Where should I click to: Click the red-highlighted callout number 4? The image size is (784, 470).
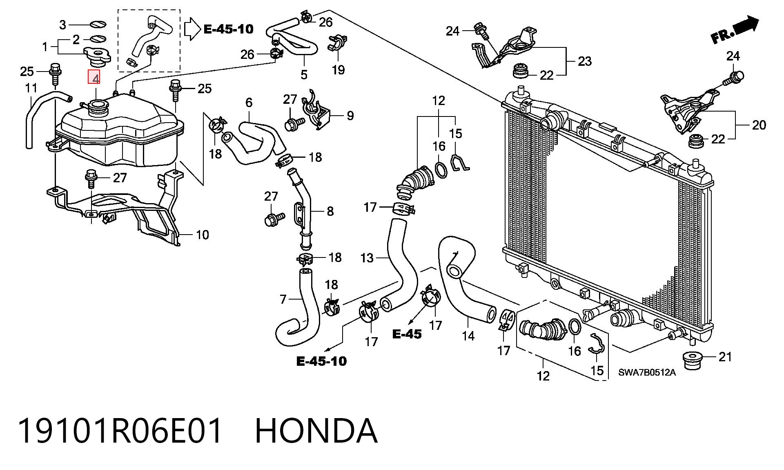pyautogui.click(x=94, y=77)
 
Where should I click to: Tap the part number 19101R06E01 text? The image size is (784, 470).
pyautogui.click(x=121, y=431)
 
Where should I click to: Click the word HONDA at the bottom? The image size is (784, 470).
pyautogui.click(x=316, y=431)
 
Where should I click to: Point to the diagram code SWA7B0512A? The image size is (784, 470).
pyautogui.click(x=647, y=372)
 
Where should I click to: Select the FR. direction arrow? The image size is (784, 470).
pyautogui.click(x=735, y=30)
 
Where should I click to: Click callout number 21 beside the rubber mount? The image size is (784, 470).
pyautogui.click(x=725, y=357)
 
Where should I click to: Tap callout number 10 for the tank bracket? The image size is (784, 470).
pyautogui.click(x=203, y=235)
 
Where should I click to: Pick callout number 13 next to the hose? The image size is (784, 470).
pyautogui.click(x=367, y=258)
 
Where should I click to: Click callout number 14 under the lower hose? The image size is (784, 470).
pyautogui.click(x=468, y=336)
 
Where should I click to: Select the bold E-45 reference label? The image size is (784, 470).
pyautogui.click(x=407, y=334)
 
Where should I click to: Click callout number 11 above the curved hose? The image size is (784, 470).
pyautogui.click(x=31, y=88)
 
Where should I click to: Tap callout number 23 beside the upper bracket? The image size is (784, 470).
pyautogui.click(x=585, y=61)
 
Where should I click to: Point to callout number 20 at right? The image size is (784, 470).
pyautogui.click(x=759, y=125)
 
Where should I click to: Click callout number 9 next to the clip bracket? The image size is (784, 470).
pyautogui.click(x=350, y=116)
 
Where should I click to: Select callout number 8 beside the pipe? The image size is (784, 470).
pyautogui.click(x=330, y=211)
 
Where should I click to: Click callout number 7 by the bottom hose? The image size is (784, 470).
pyautogui.click(x=283, y=300)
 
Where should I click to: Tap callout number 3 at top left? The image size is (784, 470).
pyautogui.click(x=62, y=25)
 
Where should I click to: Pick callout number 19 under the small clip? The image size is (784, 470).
pyautogui.click(x=338, y=70)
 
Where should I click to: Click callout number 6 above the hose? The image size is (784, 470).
pyautogui.click(x=249, y=103)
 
